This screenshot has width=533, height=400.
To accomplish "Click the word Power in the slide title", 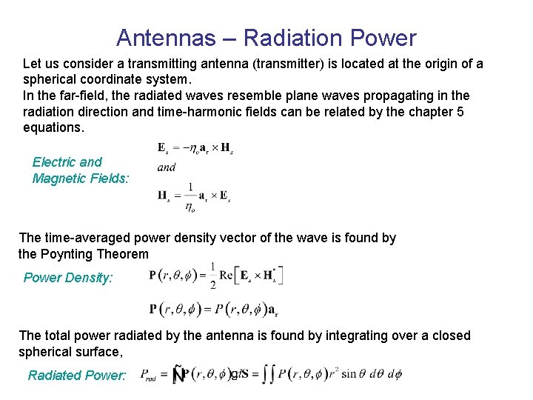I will [x=386, y=38].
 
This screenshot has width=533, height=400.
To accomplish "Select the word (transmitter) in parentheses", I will [x=288, y=64].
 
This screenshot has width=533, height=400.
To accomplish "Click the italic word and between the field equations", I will [x=167, y=167].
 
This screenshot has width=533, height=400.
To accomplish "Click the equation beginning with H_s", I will [x=194, y=196].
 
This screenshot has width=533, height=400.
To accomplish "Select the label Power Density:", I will [x=68, y=278].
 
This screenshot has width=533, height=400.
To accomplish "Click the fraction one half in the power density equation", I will [x=212, y=275].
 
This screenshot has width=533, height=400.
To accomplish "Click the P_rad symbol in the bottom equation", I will [x=150, y=376].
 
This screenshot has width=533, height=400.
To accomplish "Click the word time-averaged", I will [x=87, y=238].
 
